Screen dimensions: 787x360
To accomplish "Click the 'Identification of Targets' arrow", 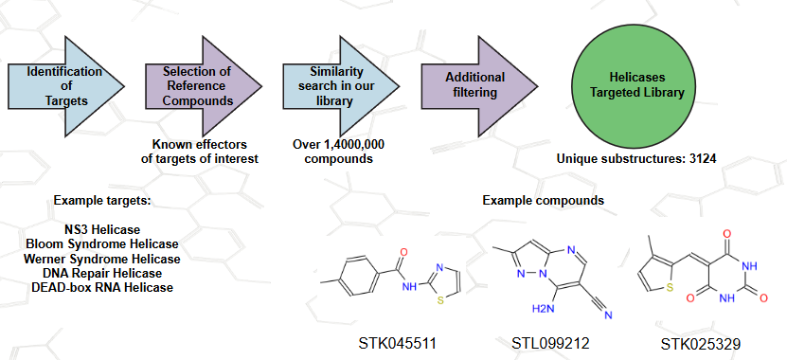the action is pyautogui.click(x=65, y=86).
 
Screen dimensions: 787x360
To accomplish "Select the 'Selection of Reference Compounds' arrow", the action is pyautogui.click(x=204, y=86).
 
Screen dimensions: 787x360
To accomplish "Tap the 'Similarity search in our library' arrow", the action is pyautogui.click(x=341, y=86).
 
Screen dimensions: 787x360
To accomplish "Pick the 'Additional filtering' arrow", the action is pyautogui.click(x=479, y=86).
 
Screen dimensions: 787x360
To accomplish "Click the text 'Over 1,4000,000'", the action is pyautogui.click(x=339, y=145).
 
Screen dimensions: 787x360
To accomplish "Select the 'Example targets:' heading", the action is pyautogui.click(x=102, y=201).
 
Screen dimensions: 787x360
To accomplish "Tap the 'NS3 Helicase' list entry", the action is pyautogui.click(x=102, y=230).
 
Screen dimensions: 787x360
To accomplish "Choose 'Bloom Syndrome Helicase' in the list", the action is pyautogui.click(x=102, y=244).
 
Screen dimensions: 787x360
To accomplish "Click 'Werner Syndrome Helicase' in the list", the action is pyautogui.click(x=102, y=259).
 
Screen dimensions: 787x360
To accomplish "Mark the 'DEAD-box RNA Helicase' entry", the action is pyautogui.click(x=102, y=288).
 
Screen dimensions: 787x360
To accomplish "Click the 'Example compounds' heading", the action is pyautogui.click(x=543, y=201).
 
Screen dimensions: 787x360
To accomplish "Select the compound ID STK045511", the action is pyautogui.click(x=398, y=344).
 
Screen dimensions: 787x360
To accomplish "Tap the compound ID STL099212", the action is pyautogui.click(x=550, y=344).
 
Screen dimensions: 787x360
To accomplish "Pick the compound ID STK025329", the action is pyautogui.click(x=701, y=345).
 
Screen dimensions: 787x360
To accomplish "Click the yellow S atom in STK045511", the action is pyautogui.click(x=440, y=301).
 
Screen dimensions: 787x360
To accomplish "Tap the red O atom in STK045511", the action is pyautogui.click(x=404, y=252).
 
